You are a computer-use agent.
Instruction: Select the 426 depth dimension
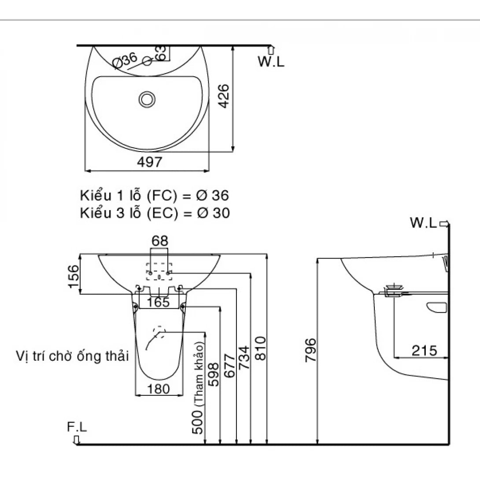click(x=223, y=96)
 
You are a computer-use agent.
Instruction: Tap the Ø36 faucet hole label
click(x=125, y=61)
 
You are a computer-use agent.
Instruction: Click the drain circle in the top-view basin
click(x=147, y=99)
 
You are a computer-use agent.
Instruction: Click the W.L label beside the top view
click(x=271, y=62)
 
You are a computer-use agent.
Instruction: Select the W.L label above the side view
click(x=423, y=223)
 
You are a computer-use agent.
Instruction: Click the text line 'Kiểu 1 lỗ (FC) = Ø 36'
click(x=155, y=195)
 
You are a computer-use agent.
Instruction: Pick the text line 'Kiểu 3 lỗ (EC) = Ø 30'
click(x=155, y=213)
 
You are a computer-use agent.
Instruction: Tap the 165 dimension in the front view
click(x=159, y=302)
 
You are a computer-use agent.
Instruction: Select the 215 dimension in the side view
click(x=425, y=351)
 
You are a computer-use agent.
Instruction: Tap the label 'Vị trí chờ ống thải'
click(x=72, y=355)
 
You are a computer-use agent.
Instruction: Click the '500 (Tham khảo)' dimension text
click(x=199, y=388)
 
